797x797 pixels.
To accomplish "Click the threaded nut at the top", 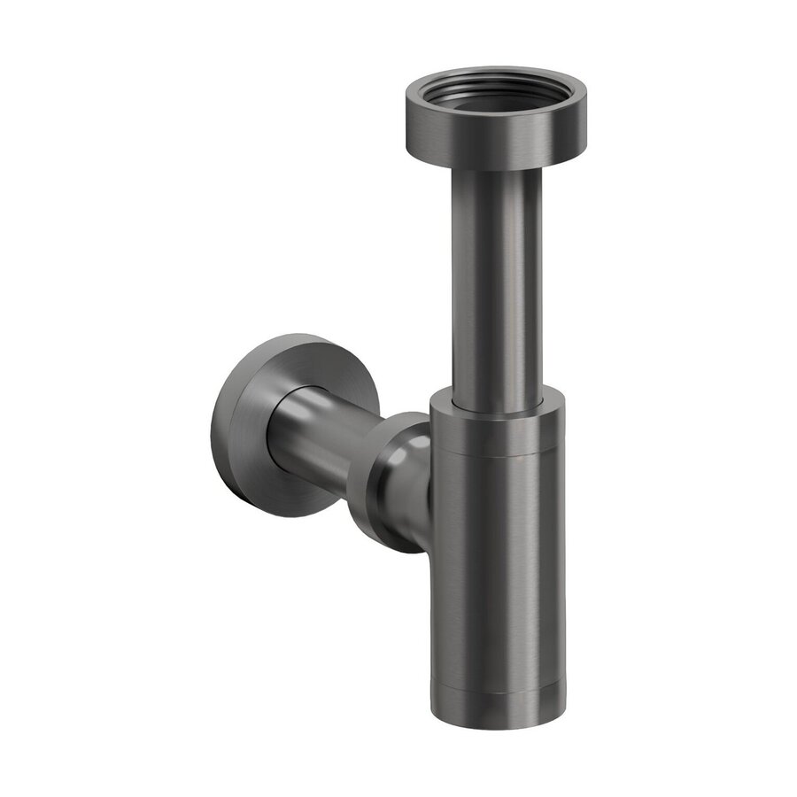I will click(483, 133).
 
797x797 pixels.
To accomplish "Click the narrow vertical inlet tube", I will click(497, 283).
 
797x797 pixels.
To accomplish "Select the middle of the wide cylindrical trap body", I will click(497, 567).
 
